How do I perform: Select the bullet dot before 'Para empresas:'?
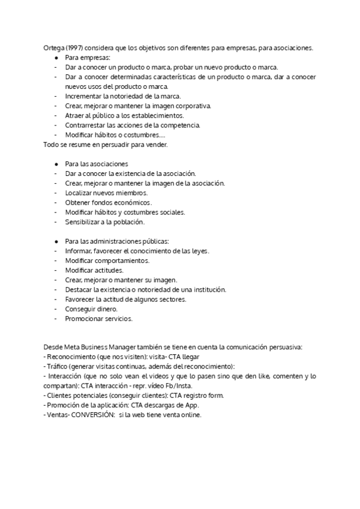point(56,58)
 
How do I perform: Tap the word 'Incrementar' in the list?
point(84,96)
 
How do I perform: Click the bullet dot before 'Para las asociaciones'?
point(56,164)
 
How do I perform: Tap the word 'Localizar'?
point(79,193)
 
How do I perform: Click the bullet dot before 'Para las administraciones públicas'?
point(56,241)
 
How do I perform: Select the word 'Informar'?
point(80,250)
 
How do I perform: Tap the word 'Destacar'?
point(79,289)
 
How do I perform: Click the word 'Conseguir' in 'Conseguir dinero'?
point(82,309)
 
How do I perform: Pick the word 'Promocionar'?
point(85,318)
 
